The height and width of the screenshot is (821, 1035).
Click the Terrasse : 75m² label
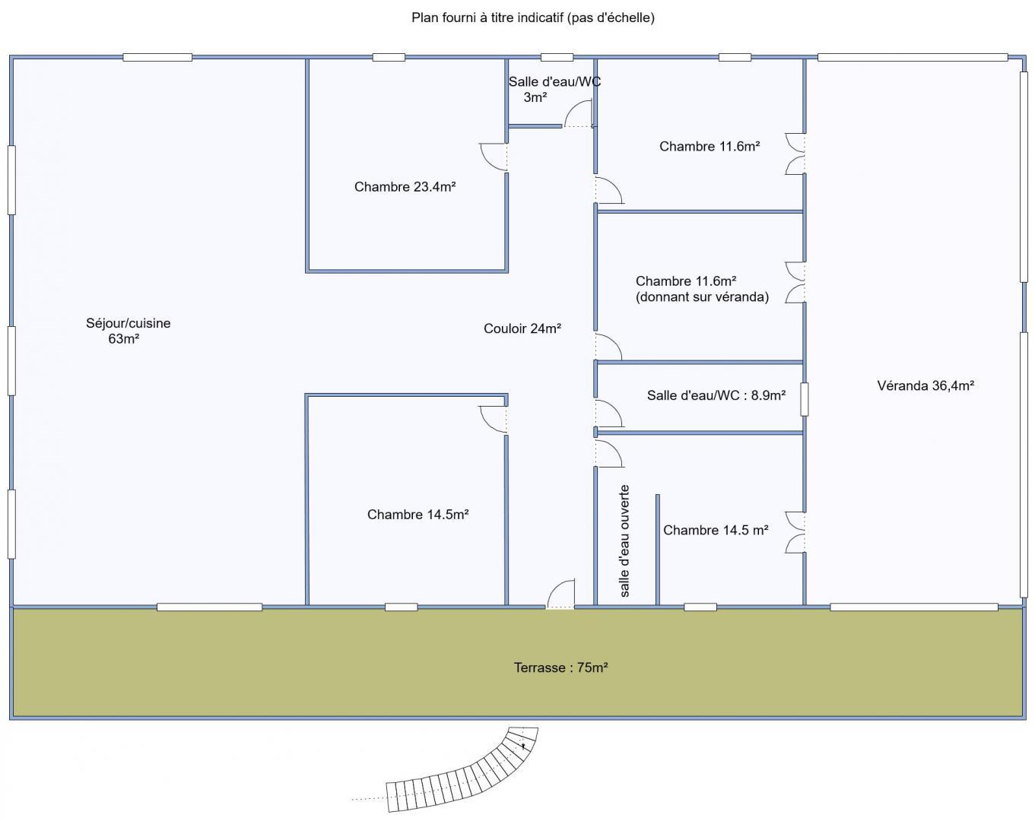tap(560, 667)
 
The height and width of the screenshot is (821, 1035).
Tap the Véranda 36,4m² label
tap(925, 385)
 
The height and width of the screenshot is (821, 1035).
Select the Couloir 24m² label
tap(522, 328)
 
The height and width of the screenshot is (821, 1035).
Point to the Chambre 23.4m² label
tap(405, 186)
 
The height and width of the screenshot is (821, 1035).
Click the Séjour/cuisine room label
tap(128, 331)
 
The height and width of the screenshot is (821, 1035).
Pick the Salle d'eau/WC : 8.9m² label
tap(716, 395)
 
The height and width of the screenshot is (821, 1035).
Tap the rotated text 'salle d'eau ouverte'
tap(624, 541)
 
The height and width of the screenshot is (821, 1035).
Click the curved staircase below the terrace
tap(461, 775)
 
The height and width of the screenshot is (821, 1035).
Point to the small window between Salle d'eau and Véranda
tap(804, 399)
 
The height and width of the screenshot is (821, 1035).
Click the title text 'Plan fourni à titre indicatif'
tap(487, 17)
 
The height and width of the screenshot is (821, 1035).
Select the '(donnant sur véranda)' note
tap(702, 296)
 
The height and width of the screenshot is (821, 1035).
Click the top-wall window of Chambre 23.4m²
tap(389, 58)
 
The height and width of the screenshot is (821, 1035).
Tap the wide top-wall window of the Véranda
tap(913, 58)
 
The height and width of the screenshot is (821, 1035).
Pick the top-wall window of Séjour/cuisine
tap(157, 58)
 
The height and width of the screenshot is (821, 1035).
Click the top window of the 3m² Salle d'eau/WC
tap(557, 58)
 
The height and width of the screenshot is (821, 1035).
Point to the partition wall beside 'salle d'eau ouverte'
tap(658, 550)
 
